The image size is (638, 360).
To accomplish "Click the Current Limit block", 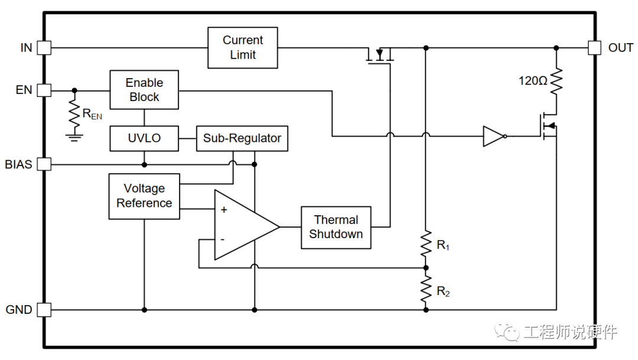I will coord(242,47).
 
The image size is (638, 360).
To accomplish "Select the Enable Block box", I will coord(144,90).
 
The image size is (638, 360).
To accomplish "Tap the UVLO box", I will coord(144,138).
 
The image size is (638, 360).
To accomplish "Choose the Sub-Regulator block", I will coord(242,138).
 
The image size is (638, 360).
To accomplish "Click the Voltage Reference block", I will coord(144,196).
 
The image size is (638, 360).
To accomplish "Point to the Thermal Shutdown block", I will coord(336,227).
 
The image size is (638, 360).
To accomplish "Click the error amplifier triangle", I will coord(242,225).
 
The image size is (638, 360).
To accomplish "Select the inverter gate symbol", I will coord(494,137).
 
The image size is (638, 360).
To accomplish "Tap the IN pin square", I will coord(44,48).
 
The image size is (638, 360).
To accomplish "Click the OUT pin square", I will coord(594,48).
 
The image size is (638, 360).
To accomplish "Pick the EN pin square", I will coord(44,90).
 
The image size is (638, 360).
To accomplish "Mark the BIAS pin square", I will coord(44,164).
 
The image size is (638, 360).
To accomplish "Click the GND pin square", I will coord(44,309).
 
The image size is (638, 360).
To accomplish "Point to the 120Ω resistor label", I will coord(533,81).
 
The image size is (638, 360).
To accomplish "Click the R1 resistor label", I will coord(443,245).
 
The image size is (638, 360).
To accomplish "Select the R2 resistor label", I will coord(443,291).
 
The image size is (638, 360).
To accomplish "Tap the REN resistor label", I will coord(92,114).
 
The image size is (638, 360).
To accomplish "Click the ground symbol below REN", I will coord(74,137).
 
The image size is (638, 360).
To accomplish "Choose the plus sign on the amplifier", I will coord(224,210).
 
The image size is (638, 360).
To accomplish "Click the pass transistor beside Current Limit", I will coord(380,57).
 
